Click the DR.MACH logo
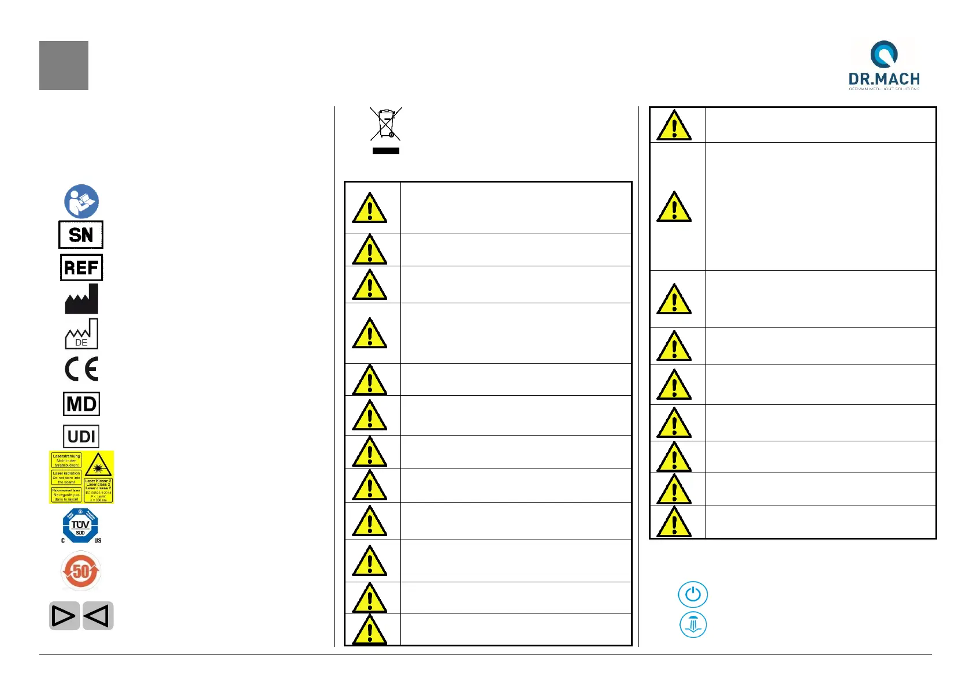point(883,65)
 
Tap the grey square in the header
point(64,65)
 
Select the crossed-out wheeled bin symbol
point(385,124)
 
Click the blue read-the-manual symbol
point(81,202)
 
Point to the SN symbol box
point(81,235)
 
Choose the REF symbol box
point(81,267)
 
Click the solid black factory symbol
point(81,299)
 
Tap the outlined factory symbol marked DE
point(81,334)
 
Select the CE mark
point(81,369)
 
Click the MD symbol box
point(81,404)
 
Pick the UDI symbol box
point(81,436)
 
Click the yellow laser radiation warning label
point(81,477)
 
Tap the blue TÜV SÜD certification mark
point(81,526)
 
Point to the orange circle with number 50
point(81,571)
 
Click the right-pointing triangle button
point(64,616)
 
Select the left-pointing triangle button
point(98,616)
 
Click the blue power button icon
point(693,594)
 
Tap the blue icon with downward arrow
point(693,625)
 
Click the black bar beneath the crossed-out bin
point(386,151)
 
